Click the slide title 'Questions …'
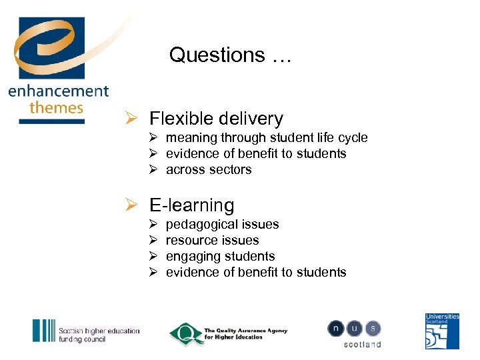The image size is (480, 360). pos(230,55)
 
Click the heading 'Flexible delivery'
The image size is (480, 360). pos(216,119)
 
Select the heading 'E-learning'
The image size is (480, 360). pos(192,205)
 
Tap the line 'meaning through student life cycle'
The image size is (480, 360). pos(267,138)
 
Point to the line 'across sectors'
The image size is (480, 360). pos(209,170)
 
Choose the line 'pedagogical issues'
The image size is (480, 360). pos(222,225)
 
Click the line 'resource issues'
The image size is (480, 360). pos(212,241)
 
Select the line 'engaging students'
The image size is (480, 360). pos(220,257)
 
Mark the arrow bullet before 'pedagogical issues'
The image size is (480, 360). pos(153,225)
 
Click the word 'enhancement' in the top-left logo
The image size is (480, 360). pos(59,92)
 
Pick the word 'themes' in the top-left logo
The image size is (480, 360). pos(57,107)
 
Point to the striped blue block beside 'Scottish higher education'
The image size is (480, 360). pos(44,331)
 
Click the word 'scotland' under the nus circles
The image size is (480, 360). pos(363,345)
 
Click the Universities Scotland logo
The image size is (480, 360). pos(442,331)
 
